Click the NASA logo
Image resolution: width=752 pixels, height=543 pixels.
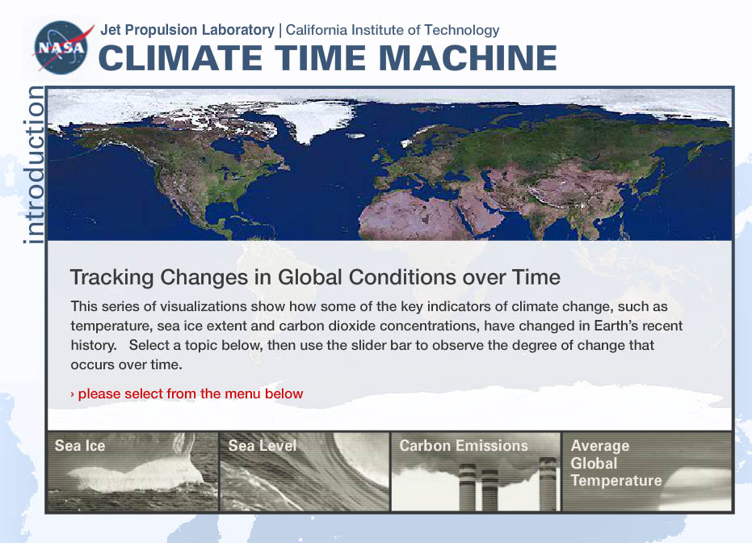click(61, 47)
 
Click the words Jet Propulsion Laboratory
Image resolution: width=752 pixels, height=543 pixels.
click(187, 30)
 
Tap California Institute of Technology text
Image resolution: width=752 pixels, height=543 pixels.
click(393, 30)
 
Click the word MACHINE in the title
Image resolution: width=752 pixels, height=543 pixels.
click(468, 58)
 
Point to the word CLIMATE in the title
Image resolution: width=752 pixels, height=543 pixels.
click(180, 58)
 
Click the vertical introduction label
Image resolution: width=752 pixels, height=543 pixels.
click(34, 165)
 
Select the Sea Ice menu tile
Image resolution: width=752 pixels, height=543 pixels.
click(132, 472)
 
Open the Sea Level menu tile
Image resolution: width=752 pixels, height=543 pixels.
click(304, 472)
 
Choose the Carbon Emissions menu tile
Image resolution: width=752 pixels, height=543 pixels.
click(475, 472)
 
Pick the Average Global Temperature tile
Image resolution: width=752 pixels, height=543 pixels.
click(647, 472)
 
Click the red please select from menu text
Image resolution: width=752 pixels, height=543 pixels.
click(187, 394)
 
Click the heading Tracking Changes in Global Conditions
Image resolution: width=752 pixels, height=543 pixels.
click(315, 277)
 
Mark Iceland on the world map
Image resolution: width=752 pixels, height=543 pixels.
click(355, 136)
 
